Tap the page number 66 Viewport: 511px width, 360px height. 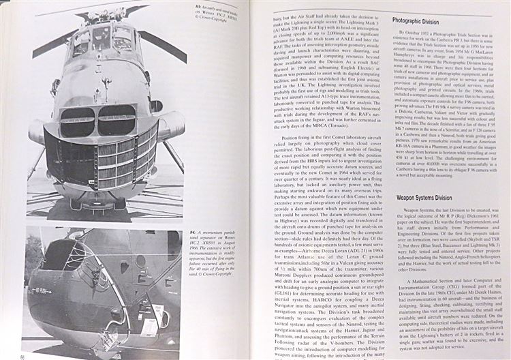24,355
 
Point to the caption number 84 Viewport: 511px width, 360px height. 193,233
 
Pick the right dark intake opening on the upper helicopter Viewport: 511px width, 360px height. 117,119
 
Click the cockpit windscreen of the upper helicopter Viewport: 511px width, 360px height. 102,37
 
